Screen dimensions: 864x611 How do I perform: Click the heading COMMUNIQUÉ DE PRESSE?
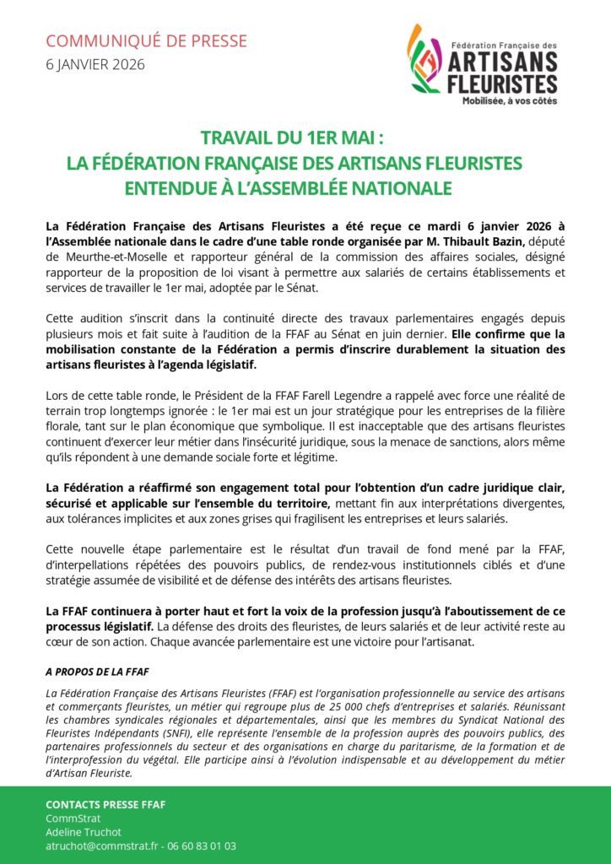(x=146, y=40)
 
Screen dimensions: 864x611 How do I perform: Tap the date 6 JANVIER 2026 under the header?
(x=95, y=64)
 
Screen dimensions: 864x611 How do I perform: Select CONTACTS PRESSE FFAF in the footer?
(x=105, y=804)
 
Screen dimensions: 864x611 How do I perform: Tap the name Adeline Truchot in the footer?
(x=84, y=832)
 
